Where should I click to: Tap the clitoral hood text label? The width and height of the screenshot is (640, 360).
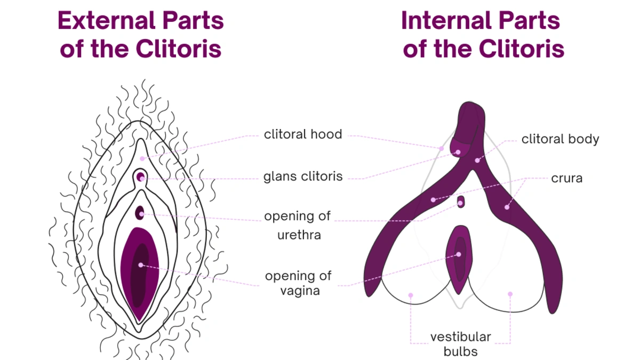(303, 134)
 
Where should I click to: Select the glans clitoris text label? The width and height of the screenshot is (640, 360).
(303, 177)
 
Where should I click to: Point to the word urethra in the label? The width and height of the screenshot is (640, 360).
(299, 235)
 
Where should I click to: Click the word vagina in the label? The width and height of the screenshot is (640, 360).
(300, 291)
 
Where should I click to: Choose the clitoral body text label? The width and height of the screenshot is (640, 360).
(560, 140)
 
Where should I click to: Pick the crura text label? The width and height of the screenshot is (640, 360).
(566, 179)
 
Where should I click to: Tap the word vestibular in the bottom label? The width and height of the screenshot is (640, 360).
(461, 337)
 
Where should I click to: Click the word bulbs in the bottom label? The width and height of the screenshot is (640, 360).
(461, 351)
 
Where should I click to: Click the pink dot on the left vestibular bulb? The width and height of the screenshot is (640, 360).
(411, 294)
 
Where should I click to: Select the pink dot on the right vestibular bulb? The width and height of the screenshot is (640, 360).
(510, 294)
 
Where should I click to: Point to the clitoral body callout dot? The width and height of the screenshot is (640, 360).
(477, 159)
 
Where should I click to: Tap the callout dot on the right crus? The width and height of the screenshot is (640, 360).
(507, 206)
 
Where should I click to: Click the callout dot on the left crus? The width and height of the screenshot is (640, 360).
(433, 200)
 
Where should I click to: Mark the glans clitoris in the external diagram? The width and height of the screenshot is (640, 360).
(141, 177)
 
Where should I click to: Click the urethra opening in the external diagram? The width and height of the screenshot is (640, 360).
(140, 213)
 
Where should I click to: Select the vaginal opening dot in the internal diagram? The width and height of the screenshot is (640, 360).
(458, 254)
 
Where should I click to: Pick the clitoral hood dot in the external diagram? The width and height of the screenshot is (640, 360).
(142, 158)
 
